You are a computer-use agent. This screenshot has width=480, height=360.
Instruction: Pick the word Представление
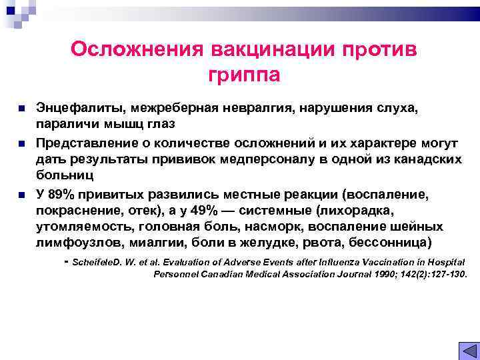click(85, 142)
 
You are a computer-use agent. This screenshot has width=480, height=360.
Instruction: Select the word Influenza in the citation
click(340, 262)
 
